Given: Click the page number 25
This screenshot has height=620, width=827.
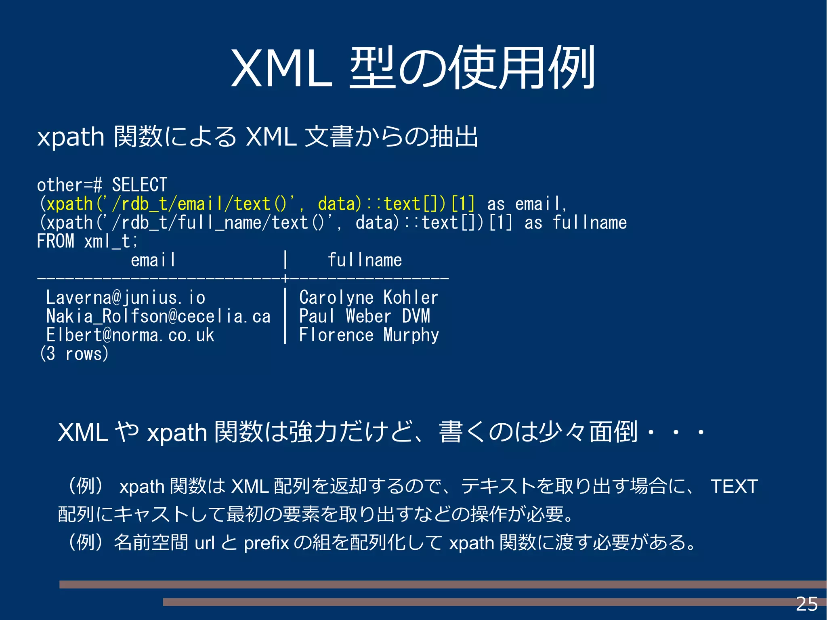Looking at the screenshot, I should click(806, 604).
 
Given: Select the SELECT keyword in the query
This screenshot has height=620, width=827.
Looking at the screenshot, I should click(139, 185).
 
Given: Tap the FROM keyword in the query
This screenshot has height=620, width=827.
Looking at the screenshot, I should click(55, 241).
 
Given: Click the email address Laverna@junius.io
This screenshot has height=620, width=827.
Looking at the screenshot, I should click(126, 298).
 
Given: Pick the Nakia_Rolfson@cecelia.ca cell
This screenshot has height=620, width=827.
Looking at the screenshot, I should click(158, 316).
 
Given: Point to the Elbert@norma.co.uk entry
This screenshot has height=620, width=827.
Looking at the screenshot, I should click(130, 335).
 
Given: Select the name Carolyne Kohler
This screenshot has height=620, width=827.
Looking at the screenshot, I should click(368, 298).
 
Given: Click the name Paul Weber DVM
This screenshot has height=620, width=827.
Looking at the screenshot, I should click(364, 316).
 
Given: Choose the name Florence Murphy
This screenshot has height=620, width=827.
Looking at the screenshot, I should click(369, 335).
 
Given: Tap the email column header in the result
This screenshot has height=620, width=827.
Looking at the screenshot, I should click(153, 260).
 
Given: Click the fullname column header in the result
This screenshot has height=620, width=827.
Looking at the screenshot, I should click(365, 260).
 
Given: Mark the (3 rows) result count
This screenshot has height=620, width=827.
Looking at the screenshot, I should click(74, 354).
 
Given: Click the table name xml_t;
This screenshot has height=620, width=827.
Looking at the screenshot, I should click(111, 242).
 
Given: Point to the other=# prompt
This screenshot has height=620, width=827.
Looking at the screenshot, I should click(69, 185).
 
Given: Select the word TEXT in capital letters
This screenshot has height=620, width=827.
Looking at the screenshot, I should click(734, 486).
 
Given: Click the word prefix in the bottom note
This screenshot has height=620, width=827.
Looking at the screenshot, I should click(267, 543).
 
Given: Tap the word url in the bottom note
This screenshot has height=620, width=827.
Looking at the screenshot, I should click(204, 543).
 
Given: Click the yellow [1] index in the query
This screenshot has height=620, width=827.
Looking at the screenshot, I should click(463, 204).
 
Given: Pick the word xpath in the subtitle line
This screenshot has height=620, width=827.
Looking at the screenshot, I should click(71, 137).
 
